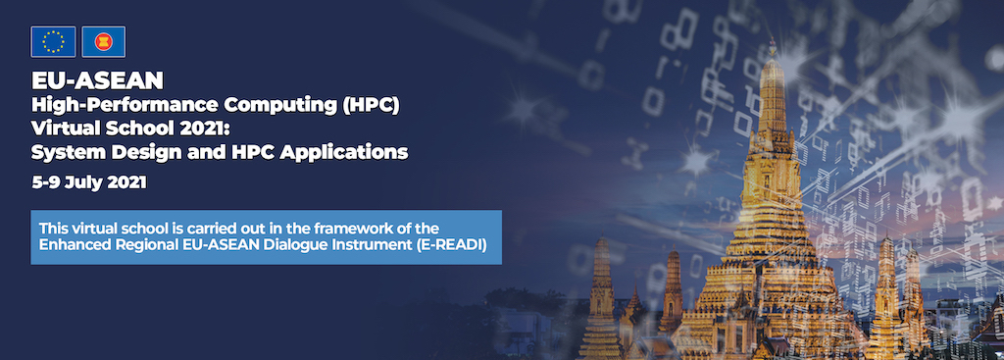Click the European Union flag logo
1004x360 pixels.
pyautogui.click(x=53, y=41)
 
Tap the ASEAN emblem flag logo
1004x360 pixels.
pyautogui.click(x=103, y=41)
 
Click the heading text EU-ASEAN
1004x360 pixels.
pyautogui.click(x=97, y=80)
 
